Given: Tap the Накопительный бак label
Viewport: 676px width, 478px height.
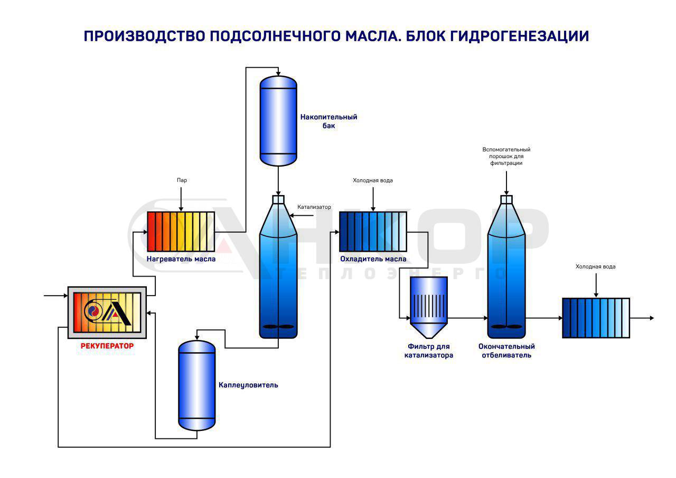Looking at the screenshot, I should click(328, 121).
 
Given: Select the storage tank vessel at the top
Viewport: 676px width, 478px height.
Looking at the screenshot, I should click(278, 121).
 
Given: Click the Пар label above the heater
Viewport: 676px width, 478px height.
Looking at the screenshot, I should click(182, 180).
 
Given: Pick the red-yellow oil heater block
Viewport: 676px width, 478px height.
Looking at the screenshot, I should click(181, 231).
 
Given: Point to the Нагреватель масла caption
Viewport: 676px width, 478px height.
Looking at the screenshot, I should click(181, 259).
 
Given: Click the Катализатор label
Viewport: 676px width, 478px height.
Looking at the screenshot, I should click(314, 207).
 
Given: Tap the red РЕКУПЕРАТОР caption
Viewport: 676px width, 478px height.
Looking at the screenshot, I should click(107, 346).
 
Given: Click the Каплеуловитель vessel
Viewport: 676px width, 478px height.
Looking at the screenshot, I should click(197, 385).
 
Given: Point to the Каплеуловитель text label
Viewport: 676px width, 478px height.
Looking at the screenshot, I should click(248, 385).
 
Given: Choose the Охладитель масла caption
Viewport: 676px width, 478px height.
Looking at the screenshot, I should click(373, 259).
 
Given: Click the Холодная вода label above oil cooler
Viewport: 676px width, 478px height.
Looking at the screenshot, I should click(373, 180).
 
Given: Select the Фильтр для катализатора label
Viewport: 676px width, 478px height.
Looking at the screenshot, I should click(429, 351).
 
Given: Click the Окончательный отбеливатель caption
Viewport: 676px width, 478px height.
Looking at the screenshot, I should click(506, 351).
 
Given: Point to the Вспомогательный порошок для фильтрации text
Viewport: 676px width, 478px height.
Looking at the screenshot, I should click(506, 157).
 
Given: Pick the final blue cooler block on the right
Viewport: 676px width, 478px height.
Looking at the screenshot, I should click(596, 318).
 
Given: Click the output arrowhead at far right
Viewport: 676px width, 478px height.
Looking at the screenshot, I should click(652, 318).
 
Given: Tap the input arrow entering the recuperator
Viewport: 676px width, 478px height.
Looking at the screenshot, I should click(55, 296).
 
